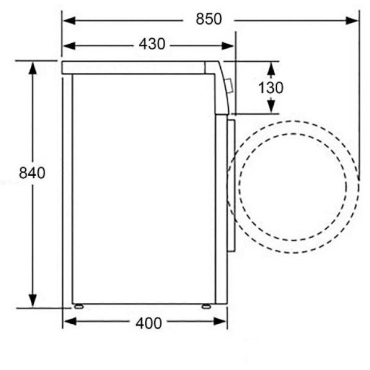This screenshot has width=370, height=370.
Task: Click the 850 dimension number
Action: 209,19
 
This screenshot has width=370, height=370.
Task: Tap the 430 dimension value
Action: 152,44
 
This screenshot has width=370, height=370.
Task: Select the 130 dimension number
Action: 271,88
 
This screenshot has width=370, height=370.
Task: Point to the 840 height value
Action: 32,173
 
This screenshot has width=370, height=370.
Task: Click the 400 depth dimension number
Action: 149,323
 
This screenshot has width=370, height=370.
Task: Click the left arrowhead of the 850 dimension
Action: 69,20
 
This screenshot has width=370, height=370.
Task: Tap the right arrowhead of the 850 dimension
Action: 352,20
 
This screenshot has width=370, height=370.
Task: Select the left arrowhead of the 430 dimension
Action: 69,46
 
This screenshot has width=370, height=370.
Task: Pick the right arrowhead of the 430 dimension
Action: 228,46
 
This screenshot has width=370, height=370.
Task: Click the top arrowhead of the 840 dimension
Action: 33,68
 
